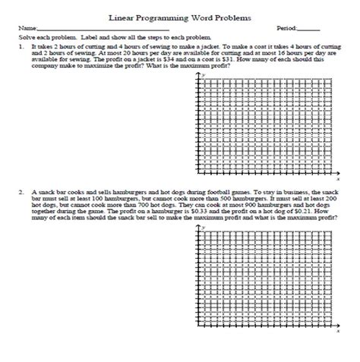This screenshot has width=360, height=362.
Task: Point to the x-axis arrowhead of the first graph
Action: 339,172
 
